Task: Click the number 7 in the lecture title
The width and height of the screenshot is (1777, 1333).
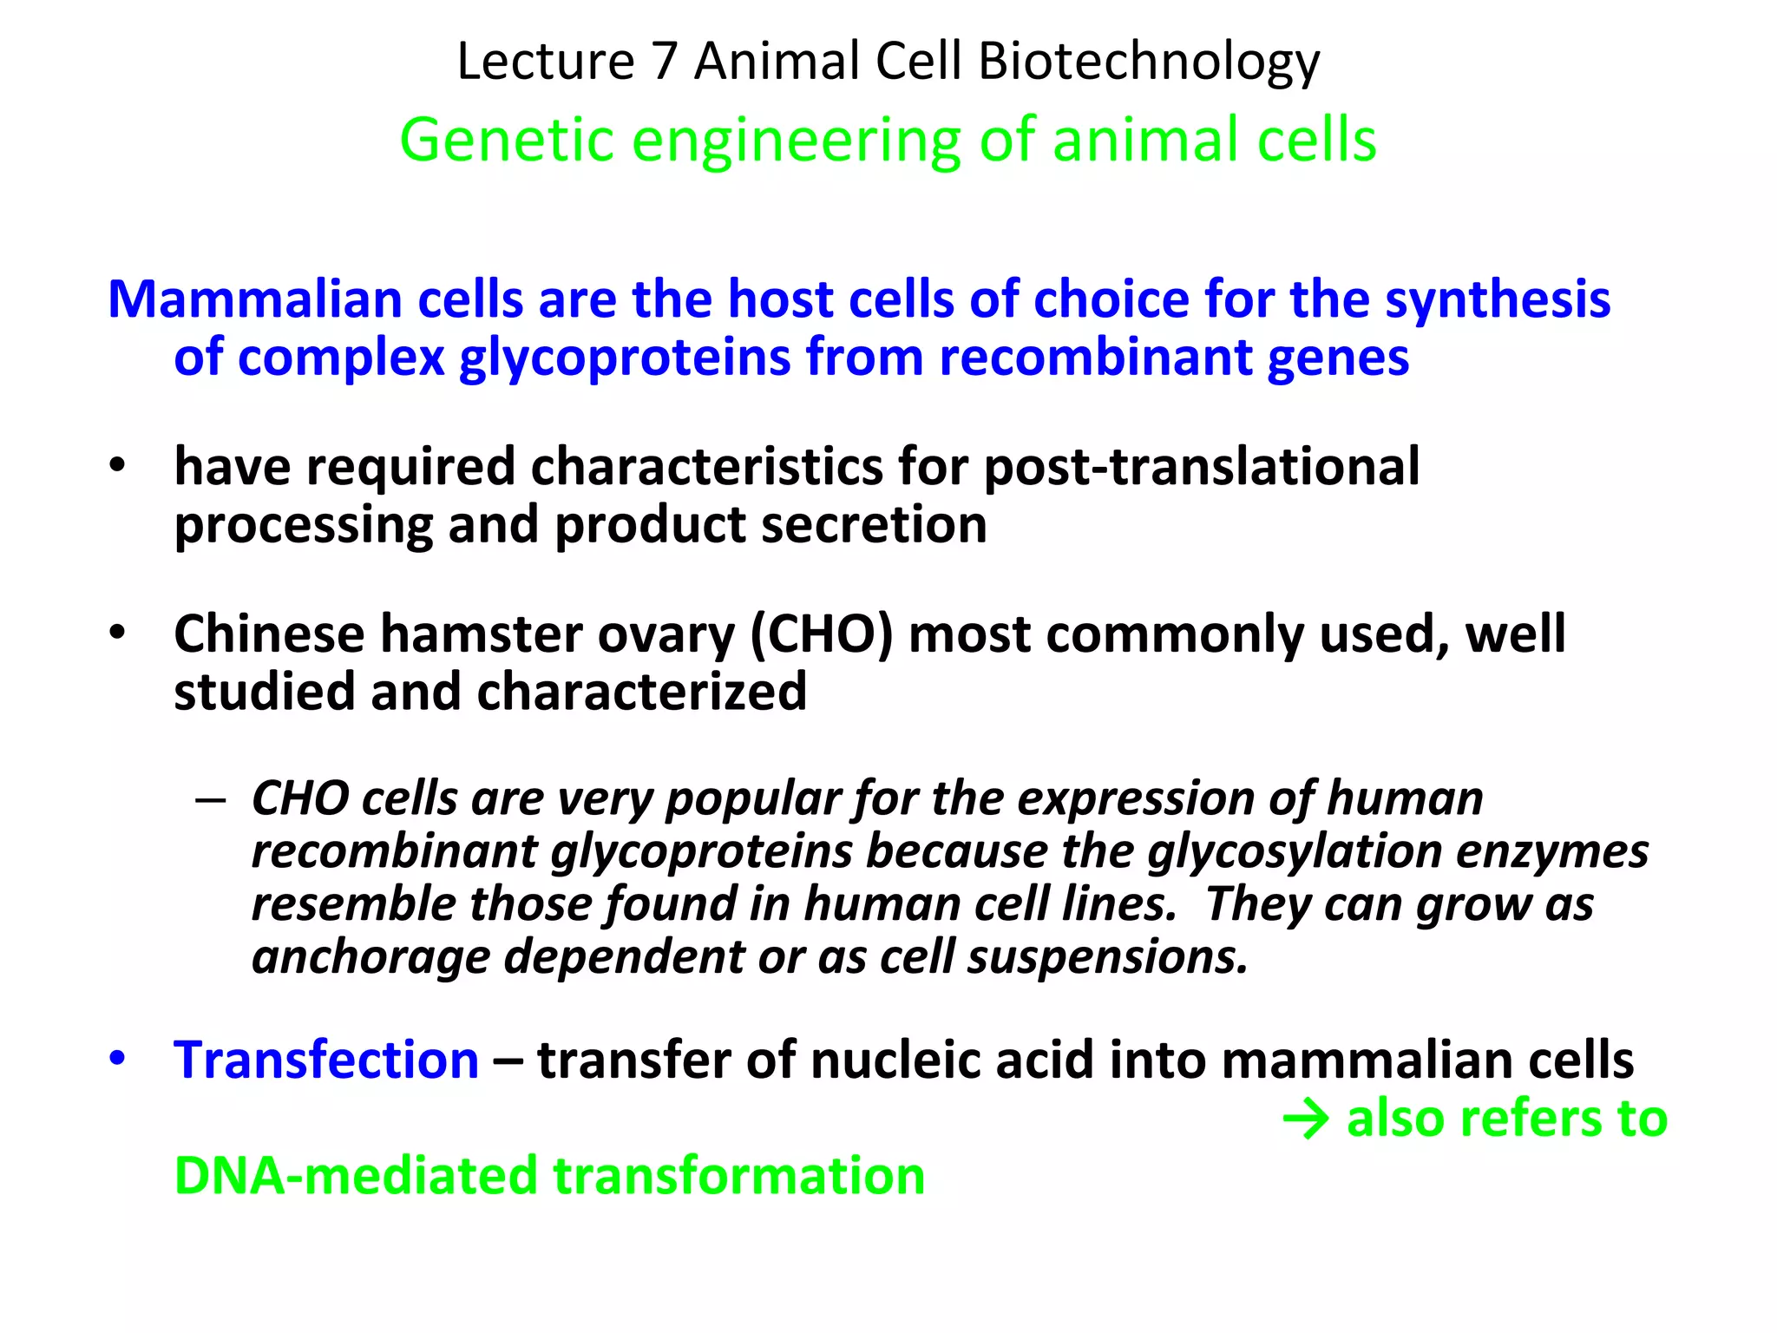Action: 664,62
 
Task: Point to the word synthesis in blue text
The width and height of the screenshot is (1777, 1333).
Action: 1498,299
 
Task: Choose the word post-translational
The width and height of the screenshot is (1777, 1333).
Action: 1202,467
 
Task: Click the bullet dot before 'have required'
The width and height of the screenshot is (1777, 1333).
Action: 117,467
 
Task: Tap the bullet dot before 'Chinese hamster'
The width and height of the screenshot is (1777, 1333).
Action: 117,634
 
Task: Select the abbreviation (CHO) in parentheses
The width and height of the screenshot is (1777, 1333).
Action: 820,634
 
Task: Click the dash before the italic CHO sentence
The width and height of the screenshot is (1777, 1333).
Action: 211,799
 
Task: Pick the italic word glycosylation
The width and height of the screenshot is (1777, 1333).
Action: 1294,851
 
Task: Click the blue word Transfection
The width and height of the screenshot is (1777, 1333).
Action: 326,1060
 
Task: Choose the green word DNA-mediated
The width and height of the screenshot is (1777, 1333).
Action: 356,1176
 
